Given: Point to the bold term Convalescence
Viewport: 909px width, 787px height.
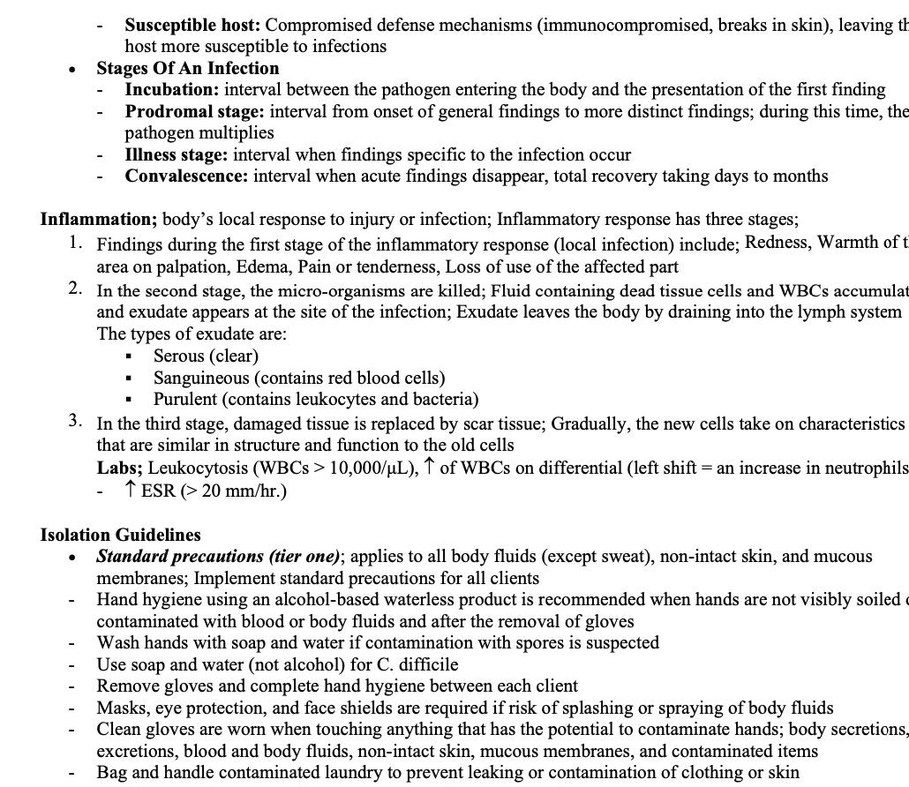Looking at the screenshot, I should tap(186, 176).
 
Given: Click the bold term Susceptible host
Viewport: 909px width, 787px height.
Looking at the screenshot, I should tap(192, 25).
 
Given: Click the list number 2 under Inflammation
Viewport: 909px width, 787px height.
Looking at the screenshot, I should tap(77, 289).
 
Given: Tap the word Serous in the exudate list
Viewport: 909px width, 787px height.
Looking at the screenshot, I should tap(179, 356).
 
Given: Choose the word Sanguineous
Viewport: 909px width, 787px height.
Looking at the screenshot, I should tap(201, 378).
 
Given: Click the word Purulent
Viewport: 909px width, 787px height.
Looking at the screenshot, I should tap(185, 399).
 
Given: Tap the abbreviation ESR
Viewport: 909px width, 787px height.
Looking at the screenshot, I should tap(158, 491).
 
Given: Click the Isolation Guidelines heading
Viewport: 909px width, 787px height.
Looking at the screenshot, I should tap(120, 535).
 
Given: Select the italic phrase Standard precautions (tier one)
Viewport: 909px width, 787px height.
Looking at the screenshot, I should tap(218, 557).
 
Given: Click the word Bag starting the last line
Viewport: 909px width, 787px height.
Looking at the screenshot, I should tap(111, 772).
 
